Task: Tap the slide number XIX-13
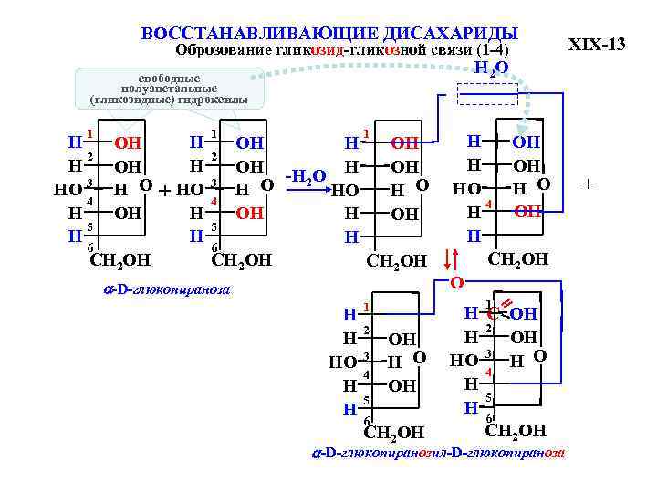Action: pos(597,44)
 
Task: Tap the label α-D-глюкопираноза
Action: pos(165,290)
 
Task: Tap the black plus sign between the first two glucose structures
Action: pos(164,191)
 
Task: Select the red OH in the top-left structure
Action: pos(127,142)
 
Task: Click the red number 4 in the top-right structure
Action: pos(489,203)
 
